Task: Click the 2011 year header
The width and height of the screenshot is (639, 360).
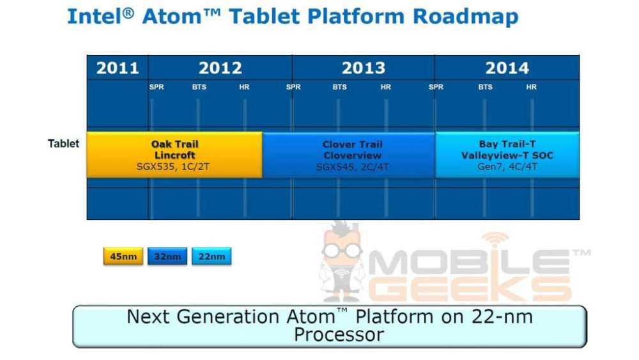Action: coord(117,68)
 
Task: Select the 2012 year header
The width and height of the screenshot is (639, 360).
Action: coord(220,68)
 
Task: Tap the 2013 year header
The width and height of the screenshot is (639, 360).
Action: coord(363,68)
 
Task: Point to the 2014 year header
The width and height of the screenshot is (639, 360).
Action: coord(507,68)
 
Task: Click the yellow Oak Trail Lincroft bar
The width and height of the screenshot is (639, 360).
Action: coord(174,155)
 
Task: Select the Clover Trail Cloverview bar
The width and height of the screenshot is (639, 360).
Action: coord(348,155)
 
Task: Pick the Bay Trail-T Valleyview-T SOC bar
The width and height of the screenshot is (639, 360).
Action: coord(507,155)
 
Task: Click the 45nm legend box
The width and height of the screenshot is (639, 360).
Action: coord(123,257)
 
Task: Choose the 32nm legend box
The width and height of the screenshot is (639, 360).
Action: coord(167,257)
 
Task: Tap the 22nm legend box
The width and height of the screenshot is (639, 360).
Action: coord(212,257)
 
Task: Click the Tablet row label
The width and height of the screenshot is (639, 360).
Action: coord(64,143)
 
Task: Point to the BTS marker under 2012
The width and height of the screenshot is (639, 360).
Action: coord(199,88)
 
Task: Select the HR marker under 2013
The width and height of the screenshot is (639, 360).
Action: coord(385,88)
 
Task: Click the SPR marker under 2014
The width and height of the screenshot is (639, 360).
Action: coord(436,88)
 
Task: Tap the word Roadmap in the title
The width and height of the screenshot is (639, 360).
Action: coord(466,17)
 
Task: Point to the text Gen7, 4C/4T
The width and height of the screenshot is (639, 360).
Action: coord(507,167)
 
